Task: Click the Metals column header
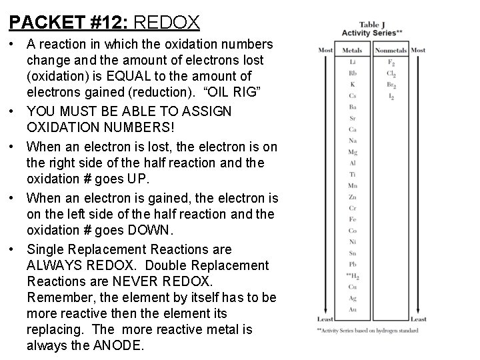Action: click(352, 51)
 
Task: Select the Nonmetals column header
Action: click(391, 51)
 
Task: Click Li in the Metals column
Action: click(352, 62)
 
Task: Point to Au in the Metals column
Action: click(352, 309)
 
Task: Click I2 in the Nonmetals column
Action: click(391, 97)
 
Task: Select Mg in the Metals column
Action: click(352, 151)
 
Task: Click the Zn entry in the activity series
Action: click(352, 197)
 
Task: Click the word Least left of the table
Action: click(325, 319)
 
